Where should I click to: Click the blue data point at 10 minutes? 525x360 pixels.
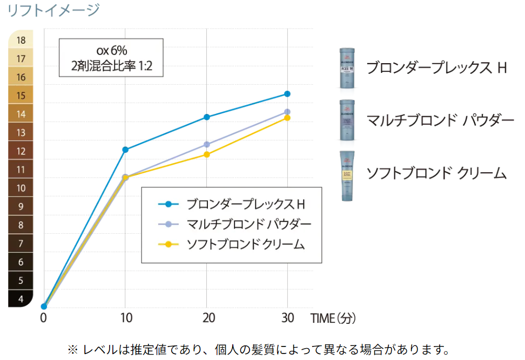(125, 150)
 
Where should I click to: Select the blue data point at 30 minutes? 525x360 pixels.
(287, 94)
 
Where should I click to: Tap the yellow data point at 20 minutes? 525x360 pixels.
(206, 154)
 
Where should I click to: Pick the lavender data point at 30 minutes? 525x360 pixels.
(287, 112)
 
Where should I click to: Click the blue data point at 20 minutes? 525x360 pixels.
(206, 117)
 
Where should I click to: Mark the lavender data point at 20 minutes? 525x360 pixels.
(206, 145)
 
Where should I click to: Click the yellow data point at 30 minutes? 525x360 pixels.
(287, 118)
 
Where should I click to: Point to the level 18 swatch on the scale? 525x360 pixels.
(21, 40)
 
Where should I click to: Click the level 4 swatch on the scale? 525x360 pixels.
(21, 298)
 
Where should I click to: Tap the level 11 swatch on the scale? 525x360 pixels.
(21, 169)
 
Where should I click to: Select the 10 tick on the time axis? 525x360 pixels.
(125, 318)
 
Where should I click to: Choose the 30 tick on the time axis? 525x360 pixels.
(287, 318)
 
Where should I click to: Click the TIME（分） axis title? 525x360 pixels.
(333, 318)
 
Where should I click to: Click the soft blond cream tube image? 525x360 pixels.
(347, 176)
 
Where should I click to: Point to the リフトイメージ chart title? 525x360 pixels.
(53, 9)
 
